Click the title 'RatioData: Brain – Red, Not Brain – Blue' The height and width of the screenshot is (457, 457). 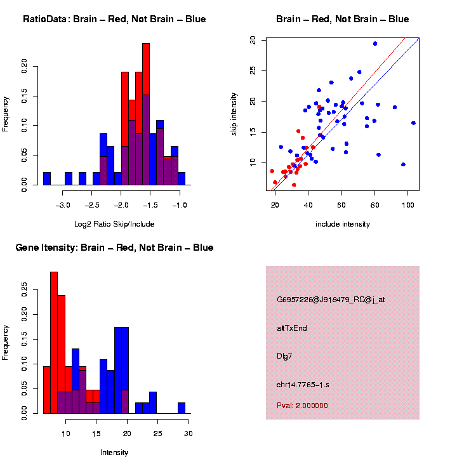click(x=114, y=19)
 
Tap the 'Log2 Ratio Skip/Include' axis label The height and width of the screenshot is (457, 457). click(x=114, y=224)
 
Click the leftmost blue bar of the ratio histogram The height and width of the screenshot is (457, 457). click(x=47, y=178)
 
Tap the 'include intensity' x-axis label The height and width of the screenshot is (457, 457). click(x=343, y=224)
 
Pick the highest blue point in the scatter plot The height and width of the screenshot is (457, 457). click(x=375, y=44)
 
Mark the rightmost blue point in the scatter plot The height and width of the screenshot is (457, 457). click(x=413, y=123)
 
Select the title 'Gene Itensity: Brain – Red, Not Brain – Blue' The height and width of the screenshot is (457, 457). click(x=114, y=248)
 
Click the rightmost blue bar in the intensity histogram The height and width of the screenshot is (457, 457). click(x=182, y=407)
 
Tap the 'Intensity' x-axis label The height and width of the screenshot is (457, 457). click(x=114, y=453)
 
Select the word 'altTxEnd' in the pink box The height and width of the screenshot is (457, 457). click(x=292, y=328)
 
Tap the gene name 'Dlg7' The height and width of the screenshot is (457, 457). click(x=284, y=356)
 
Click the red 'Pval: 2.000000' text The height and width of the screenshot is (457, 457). click(x=302, y=406)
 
